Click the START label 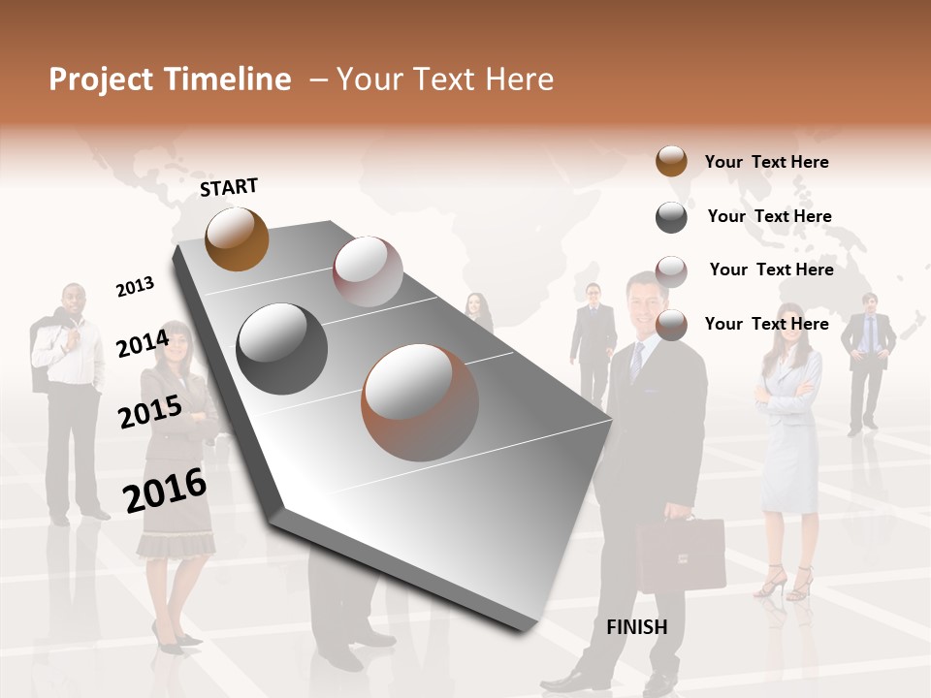pos(229,187)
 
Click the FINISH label pos(636,627)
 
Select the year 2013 pos(135,286)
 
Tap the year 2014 pos(143,343)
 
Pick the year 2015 pos(149,412)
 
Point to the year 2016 pos(165,490)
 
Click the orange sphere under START pos(237,238)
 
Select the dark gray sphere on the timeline pos(282,348)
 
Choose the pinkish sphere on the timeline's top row pos(368,271)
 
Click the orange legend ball pos(671,161)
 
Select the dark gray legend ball pos(671,217)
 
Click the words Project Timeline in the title pos(170,79)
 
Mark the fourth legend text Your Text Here pos(766,324)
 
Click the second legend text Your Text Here pos(769,216)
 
